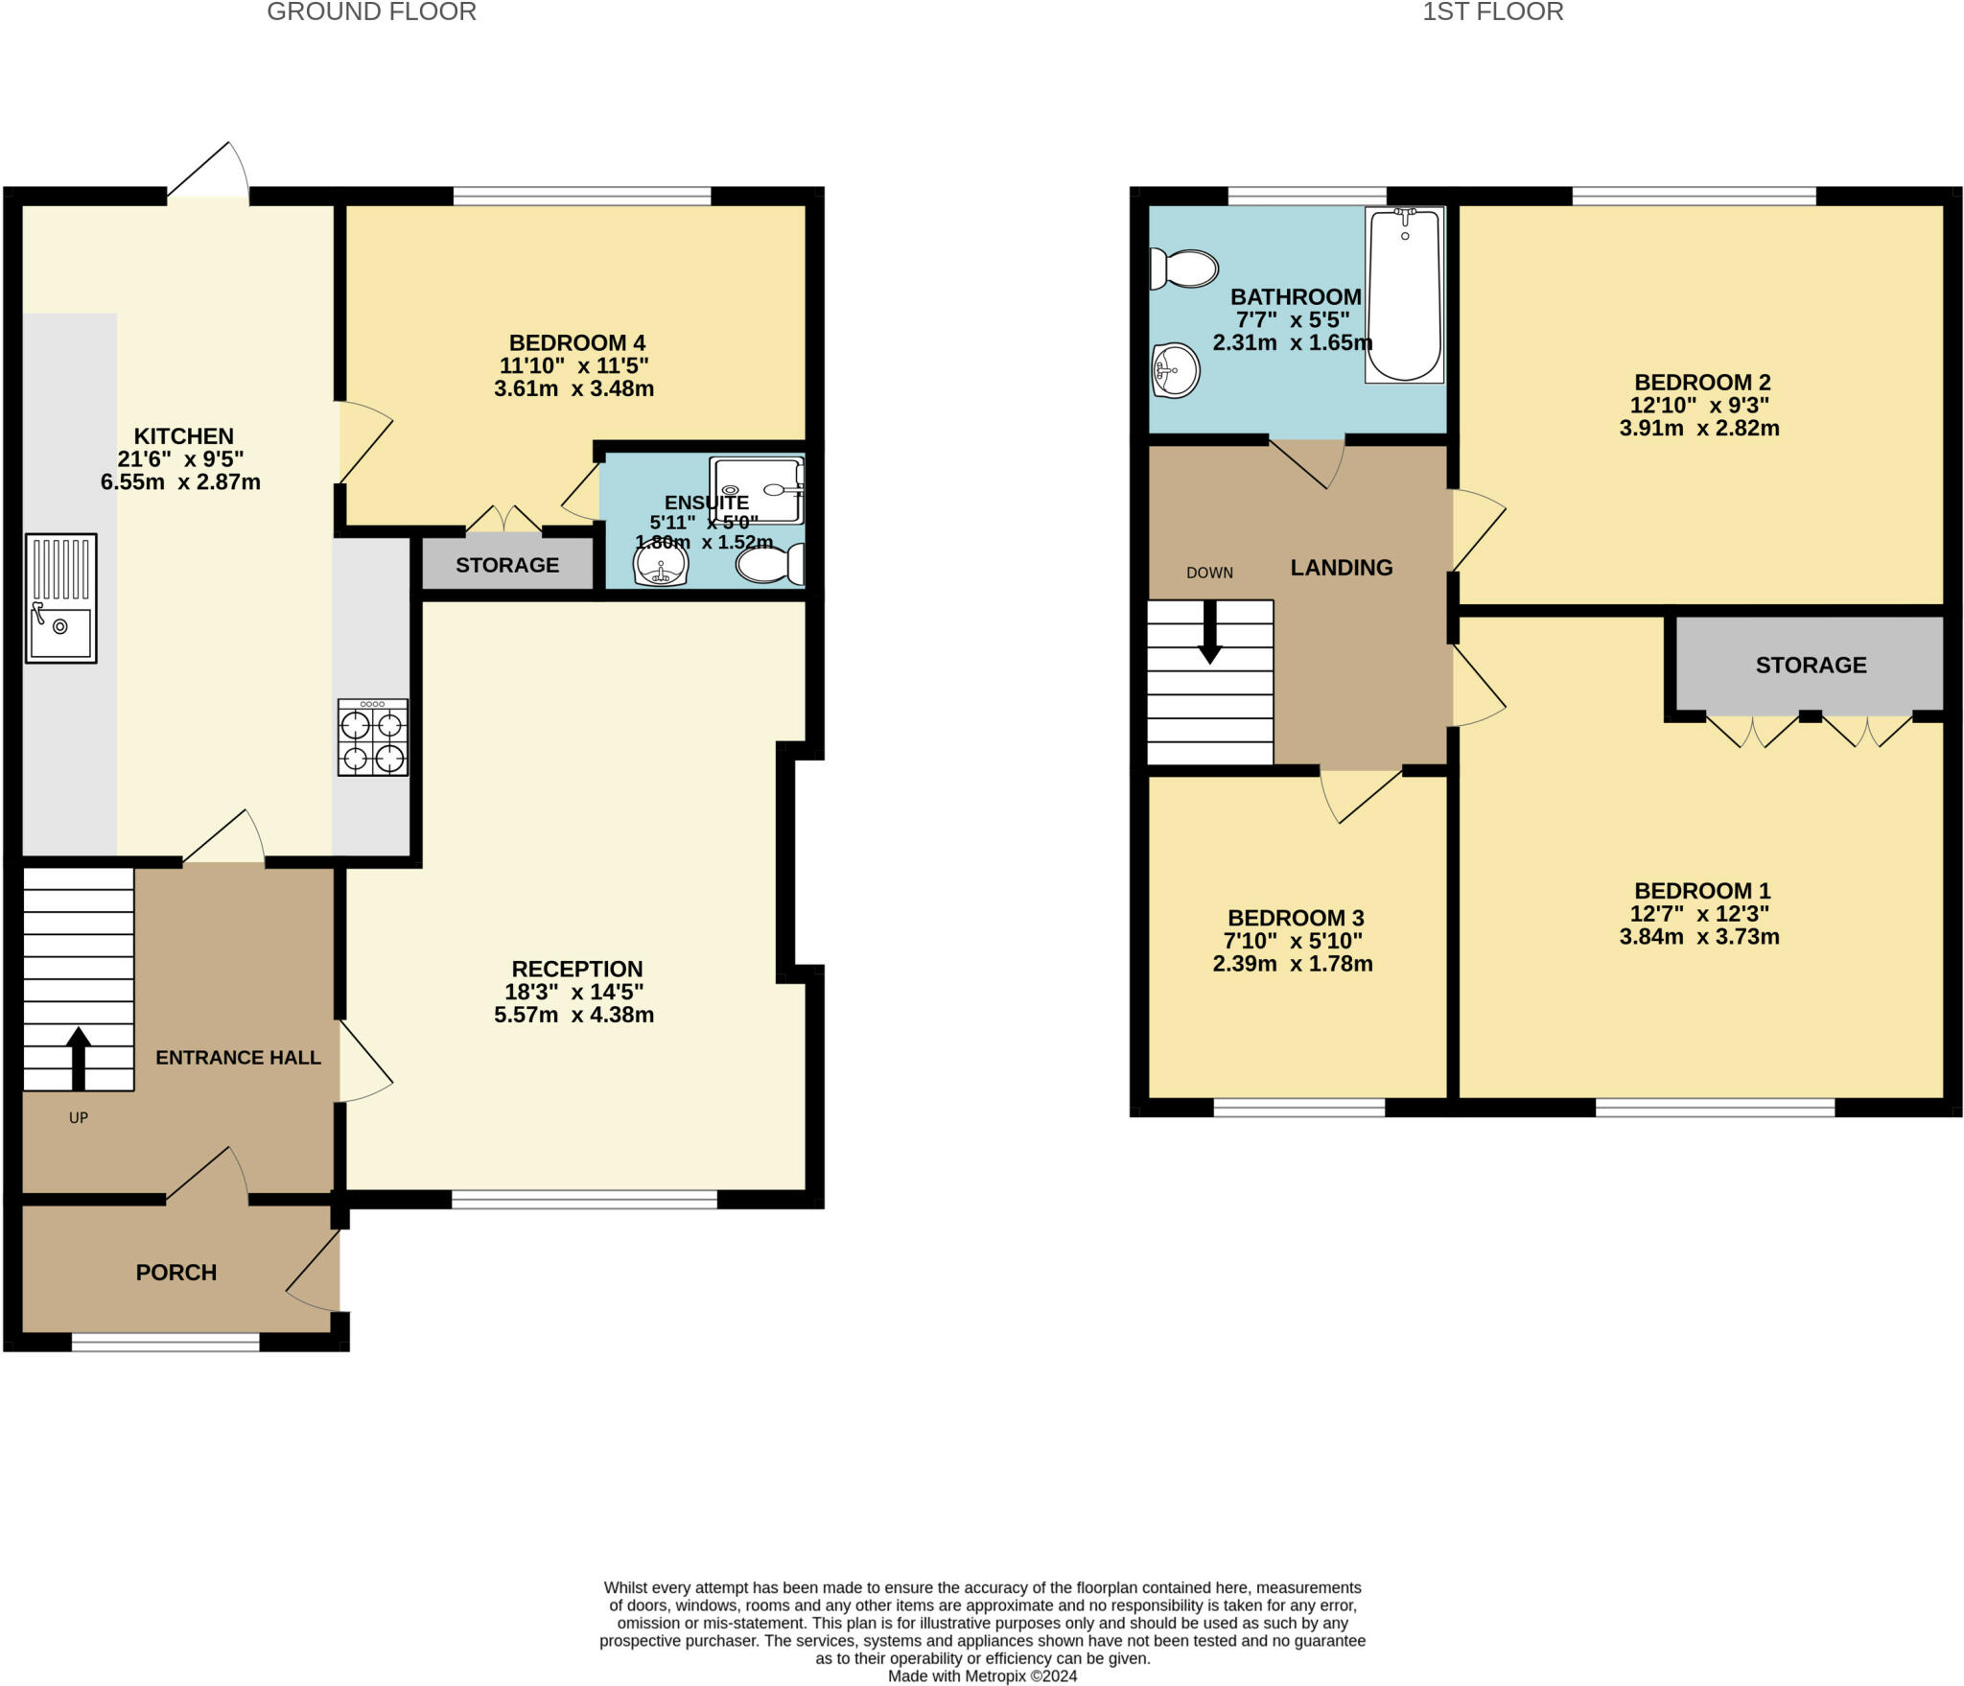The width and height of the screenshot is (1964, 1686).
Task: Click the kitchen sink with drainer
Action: (60, 597)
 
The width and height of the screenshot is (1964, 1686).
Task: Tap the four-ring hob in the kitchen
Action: (372, 737)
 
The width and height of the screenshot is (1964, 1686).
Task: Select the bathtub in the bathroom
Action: (1404, 295)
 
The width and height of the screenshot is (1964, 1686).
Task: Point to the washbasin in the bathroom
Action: (1175, 369)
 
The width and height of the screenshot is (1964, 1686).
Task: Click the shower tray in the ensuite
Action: (756, 490)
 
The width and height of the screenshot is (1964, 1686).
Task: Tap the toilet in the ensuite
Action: (770, 565)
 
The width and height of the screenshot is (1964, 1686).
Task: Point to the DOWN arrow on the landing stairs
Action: (1210, 633)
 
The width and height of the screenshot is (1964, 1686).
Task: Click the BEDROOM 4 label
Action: (576, 342)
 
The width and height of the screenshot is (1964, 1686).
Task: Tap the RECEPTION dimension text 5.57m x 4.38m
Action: (573, 1015)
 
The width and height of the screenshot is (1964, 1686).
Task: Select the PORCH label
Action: (176, 1272)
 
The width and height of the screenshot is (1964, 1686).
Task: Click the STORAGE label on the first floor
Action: (1811, 665)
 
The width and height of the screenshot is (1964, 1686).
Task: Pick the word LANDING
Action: (1341, 567)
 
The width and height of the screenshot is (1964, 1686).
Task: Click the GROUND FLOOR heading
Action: (371, 12)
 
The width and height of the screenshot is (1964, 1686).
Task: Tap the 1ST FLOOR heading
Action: (1492, 12)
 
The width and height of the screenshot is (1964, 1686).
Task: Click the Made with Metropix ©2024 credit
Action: (982, 1675)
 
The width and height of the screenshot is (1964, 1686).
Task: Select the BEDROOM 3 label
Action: (1295, 918)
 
